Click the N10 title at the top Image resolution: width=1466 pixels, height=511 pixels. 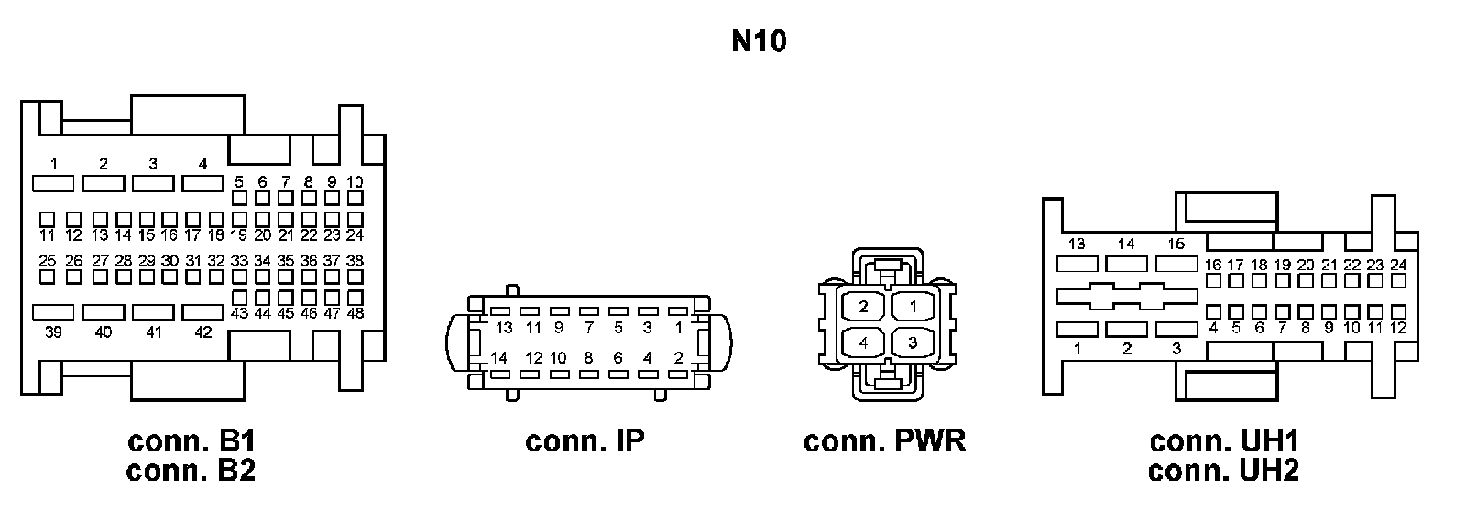point(759,40)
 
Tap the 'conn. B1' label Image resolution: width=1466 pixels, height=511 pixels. point(191,441)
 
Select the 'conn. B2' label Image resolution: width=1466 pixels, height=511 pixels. point(191,471)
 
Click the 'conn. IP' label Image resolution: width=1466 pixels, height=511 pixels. point(585,441)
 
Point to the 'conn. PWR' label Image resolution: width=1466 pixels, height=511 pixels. point(884,441)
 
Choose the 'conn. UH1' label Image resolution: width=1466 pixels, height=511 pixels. point(1224,441)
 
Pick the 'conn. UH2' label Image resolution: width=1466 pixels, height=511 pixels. point(1224,471)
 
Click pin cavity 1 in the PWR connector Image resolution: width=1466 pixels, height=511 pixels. point(913,306)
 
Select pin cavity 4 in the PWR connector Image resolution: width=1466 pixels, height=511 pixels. point(863,342)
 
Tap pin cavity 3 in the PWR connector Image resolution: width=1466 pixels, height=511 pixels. point(913,342)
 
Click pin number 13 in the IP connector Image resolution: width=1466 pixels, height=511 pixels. point(504,328)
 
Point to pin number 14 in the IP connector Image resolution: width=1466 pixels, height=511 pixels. point(498,358)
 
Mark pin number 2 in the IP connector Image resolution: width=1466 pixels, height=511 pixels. point(679,358)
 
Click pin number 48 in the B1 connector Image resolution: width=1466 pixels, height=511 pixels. point(356,313)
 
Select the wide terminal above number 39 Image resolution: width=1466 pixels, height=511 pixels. point(53,312)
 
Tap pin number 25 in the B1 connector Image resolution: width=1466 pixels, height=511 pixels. point(47,261)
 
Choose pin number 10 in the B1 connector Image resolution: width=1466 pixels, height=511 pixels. point(355,182)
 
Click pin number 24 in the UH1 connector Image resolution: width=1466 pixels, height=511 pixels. point(1398,265)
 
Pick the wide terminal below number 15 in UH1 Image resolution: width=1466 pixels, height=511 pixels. point(1176,265)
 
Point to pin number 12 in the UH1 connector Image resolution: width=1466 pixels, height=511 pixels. point(1398,328)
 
